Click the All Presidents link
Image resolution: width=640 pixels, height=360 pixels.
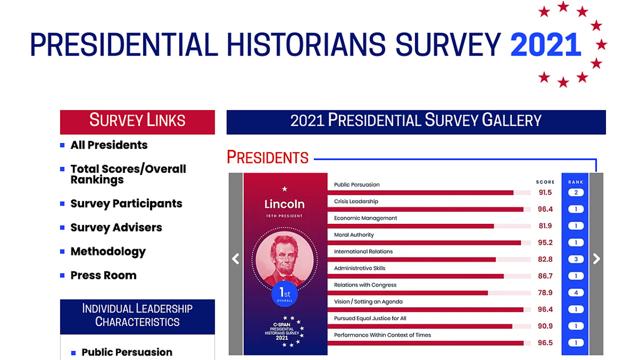pyautogui.click(x=109, y=145)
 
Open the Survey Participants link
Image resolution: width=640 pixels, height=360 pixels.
pyautogui.click(x=126, y=203)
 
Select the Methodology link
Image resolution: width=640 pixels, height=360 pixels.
pyautogui.click(x=108, y=251)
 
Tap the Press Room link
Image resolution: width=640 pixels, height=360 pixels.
pyautogui.click(x=104, y=275)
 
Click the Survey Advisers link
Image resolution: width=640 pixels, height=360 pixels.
pyautogui.click(x=116, y=227)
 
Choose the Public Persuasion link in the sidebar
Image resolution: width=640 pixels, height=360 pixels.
pyautogui.click(x=127, y=352)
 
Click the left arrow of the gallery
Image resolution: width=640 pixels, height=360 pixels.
pyautogui.click(x=236, y=258)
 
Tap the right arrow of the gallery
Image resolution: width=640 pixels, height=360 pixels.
pyautogui.click(x=596, y=258)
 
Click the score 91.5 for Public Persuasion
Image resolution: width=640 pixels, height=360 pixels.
pyautogui.click(x=545, y=192)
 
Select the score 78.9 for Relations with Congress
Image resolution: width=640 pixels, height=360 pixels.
pyautogui.click(x=545, y=292)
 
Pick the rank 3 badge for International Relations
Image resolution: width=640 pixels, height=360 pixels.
pyautogui.click(x=576, y=259)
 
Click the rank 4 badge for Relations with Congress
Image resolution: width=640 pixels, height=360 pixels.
pyautogui.click(x=576, y=292)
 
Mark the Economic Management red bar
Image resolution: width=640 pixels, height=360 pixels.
pyautogui.click(x=411, y=226)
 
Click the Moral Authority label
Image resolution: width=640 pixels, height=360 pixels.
pyautogui.click(x=354, y=234)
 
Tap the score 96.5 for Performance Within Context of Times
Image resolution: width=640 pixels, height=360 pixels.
pyautogui.click(x=545, y=342)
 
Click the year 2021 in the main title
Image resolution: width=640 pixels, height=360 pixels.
pyautogui.click(x=546, y=45)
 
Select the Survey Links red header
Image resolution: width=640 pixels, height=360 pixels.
pyautogui.click(x=138, y=122)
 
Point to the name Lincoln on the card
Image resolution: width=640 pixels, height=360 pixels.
pyautogui.click(x=284, y=204)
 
